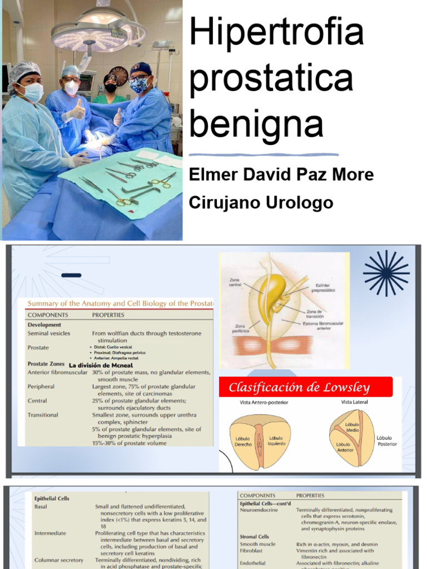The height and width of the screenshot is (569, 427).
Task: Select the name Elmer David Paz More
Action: coord(281,174)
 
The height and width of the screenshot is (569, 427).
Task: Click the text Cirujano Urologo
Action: coord(261,202)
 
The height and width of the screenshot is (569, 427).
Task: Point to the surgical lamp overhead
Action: coord(98,35)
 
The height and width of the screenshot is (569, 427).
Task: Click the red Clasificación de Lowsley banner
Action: coord(305,387)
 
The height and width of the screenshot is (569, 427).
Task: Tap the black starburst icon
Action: coord(386,273)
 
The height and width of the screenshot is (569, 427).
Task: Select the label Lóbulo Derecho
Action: coord(243,442)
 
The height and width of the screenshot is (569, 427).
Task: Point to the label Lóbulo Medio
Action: coord(352,427)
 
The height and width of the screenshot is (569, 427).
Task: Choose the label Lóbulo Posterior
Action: coord(387,441)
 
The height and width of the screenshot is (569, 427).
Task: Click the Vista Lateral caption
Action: coord(354,402)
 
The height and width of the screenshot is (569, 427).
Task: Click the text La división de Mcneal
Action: coord(100,365)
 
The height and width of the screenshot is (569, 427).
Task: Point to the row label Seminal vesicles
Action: coord(49,333)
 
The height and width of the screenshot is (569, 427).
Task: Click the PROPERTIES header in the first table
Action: coord(108,315)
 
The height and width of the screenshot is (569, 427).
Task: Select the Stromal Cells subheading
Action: coord(255,537)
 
